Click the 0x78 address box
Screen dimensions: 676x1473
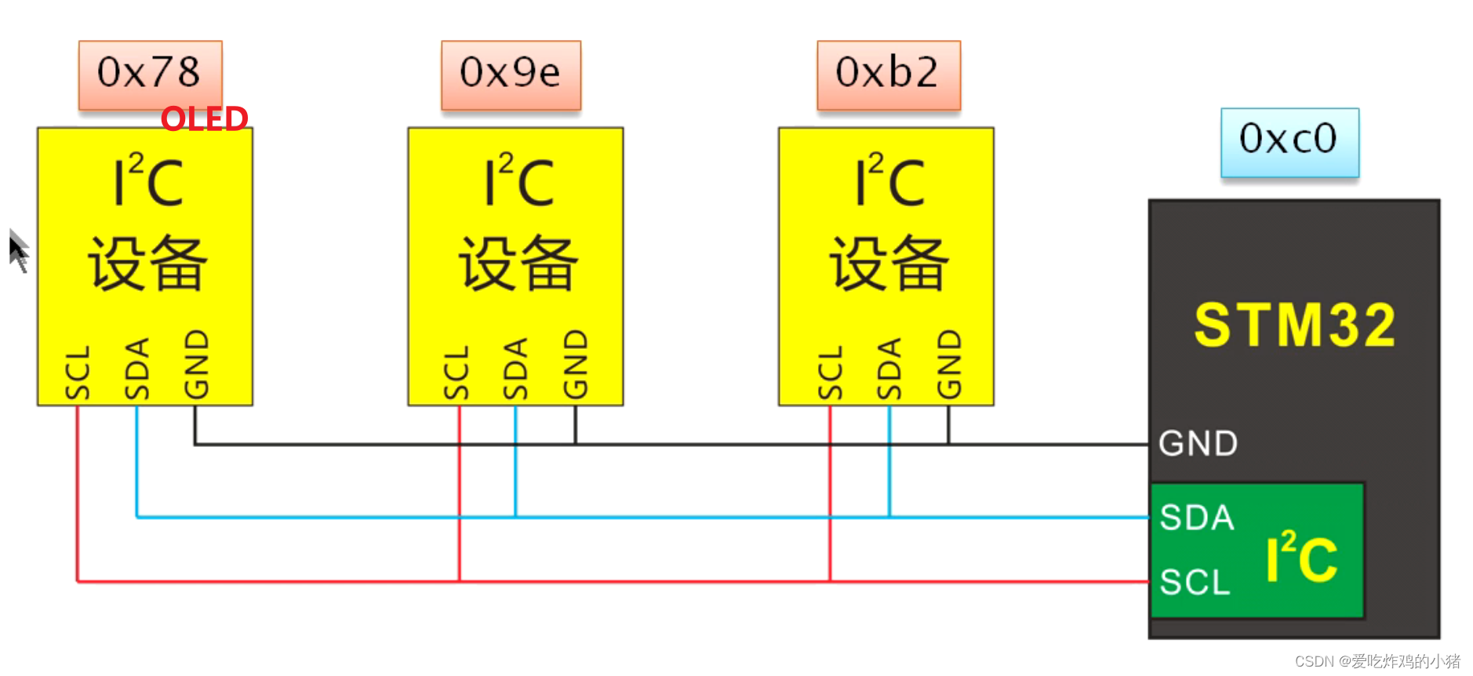(150, 74)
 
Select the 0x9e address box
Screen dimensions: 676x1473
(511, 74)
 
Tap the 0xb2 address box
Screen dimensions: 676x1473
(888, 74)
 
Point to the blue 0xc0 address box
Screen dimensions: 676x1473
(1289, 141)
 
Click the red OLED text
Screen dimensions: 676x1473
(205, 119)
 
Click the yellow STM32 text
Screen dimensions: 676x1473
(1294, 325)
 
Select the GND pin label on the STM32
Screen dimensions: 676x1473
(1198, 444)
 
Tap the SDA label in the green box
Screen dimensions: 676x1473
(1197, 518)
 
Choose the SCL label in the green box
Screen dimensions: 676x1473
(1195, 583)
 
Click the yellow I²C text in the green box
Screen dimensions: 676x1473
(1302, 558)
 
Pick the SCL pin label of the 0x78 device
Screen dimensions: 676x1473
(78, 373)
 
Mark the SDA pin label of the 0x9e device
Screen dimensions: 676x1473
(515, 369)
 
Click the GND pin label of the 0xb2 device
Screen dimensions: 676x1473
(949, 365)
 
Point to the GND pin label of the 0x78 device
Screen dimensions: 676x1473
(196, 365)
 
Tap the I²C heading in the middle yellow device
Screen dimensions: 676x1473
(518, 181)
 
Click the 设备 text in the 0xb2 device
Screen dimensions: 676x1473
(889, 263)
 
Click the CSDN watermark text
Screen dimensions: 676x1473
(1377, 661)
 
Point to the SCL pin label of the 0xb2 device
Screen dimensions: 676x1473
(830, 373)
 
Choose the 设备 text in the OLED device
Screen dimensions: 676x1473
(147, 263)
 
